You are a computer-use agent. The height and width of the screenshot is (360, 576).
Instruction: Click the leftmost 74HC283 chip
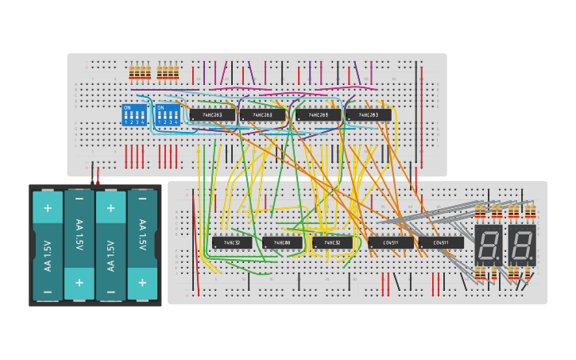tap(212, 114)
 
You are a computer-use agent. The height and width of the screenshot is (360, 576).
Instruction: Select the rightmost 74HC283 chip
tap(368, 114)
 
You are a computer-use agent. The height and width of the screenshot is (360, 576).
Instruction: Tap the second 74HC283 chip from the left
tap(262, 114)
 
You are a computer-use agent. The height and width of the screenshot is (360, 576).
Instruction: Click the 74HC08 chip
tap(282, 242)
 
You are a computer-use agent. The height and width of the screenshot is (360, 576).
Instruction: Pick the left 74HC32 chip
tap(232, 242)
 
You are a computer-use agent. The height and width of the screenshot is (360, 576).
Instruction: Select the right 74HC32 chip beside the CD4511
tap(332, 242)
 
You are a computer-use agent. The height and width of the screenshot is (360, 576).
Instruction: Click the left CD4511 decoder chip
tap(390, 242)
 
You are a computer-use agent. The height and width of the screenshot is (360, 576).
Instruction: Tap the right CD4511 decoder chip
tap(441, 242)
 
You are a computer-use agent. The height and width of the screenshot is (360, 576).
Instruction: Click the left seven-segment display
tap(489, 244)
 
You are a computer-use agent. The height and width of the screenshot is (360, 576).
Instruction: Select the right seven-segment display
tap(522, 244)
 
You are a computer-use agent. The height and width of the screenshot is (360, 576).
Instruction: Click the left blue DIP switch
tap(134, 114)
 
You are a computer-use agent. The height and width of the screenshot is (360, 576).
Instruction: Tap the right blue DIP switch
tap(168, 114)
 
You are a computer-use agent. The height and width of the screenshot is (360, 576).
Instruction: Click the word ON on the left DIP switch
tap(127, 107)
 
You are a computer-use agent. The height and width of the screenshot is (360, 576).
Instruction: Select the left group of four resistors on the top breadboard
tap(140, 72)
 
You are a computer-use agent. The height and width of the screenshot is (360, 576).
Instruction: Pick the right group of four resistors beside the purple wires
tap(168, 72)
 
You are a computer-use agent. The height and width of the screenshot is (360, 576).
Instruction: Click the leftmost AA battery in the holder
tap(48, 246)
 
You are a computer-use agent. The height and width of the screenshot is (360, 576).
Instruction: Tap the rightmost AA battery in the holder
tap(142, 246)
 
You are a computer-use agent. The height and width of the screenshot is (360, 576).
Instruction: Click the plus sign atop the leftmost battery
tap(48, 208)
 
